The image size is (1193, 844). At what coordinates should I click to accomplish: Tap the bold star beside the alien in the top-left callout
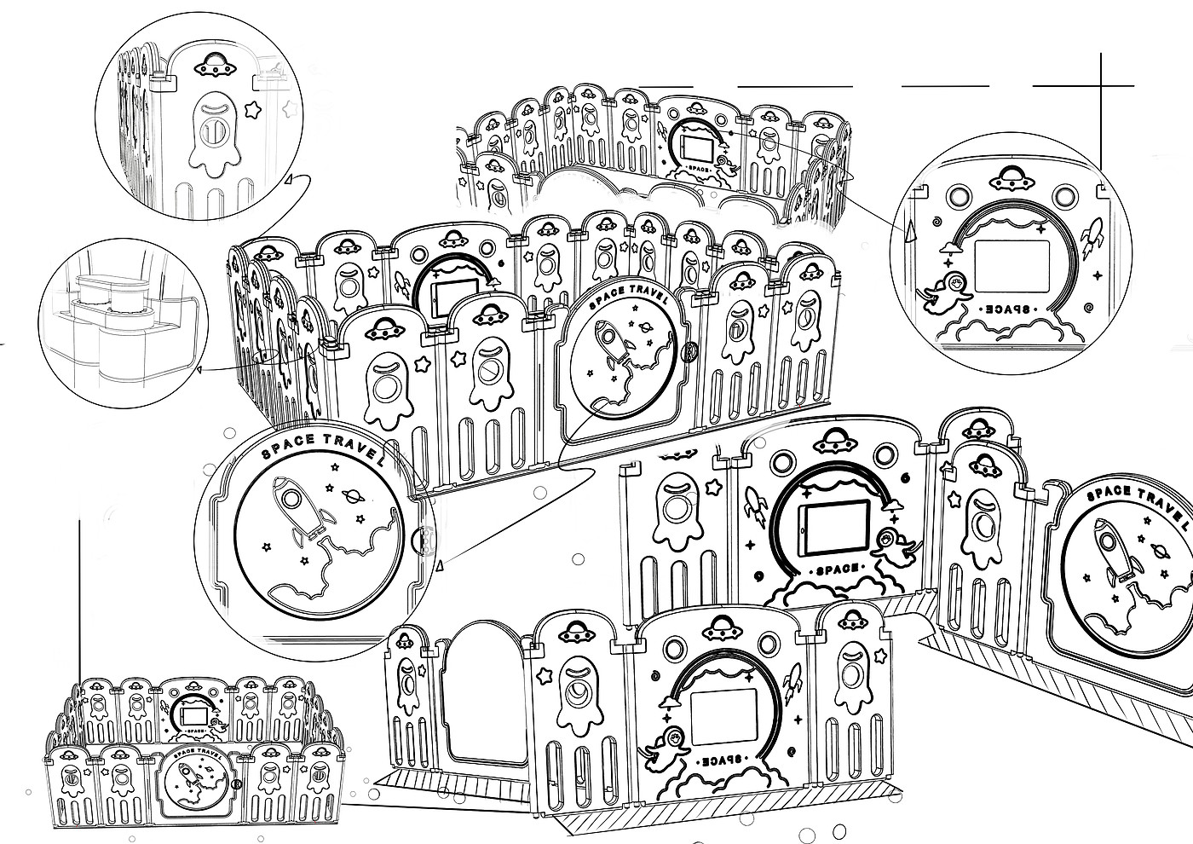(x=252, y=109)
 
